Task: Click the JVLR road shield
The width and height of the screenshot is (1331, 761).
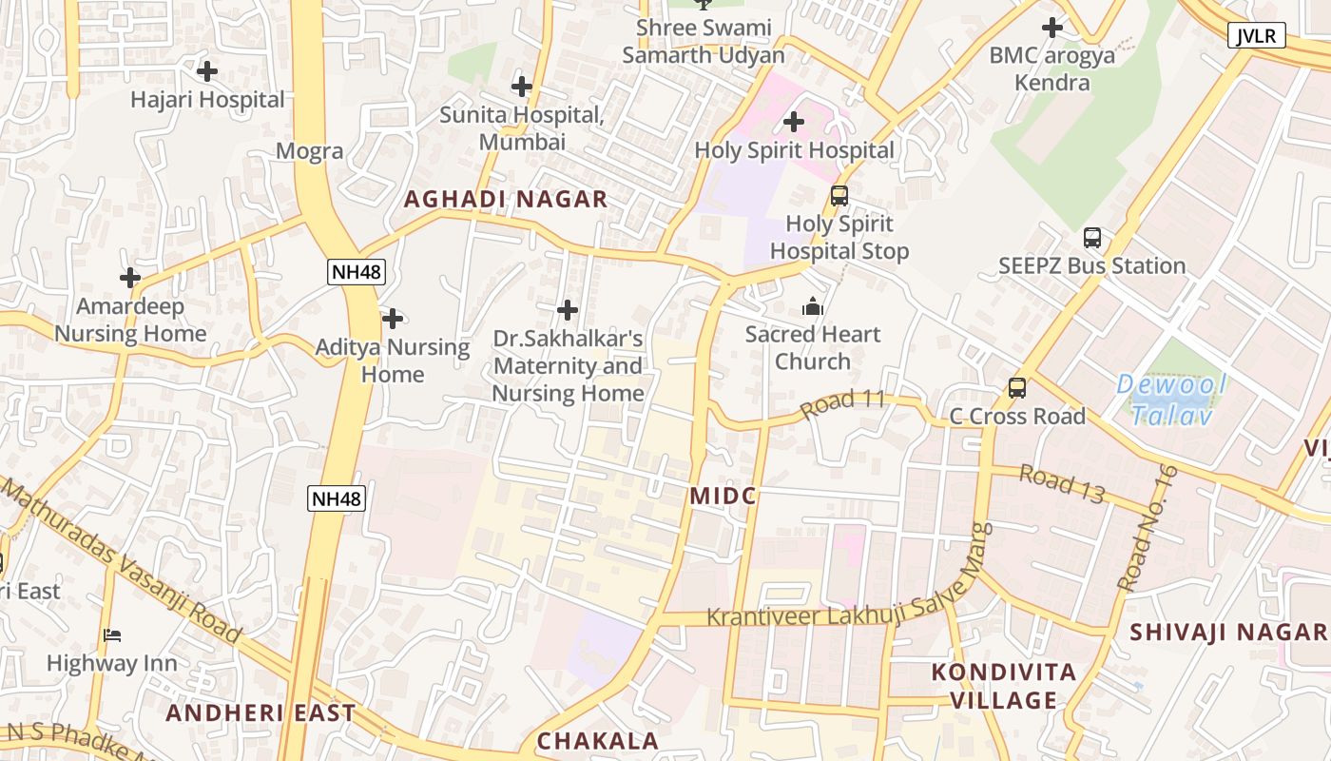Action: click(x=1257, y=36)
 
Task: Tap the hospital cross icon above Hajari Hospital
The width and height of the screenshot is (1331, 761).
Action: click(x=206, y=70)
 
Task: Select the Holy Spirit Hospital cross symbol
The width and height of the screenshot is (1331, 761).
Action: click(x=793, y=122)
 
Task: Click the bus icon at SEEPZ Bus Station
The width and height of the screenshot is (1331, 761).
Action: click(x=1091, y=238)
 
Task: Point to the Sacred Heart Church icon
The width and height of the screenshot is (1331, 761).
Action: click(x=812, y=306)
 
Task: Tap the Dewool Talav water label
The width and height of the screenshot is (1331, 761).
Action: click(x=1171, y=400)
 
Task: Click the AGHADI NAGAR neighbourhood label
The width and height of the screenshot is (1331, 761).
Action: click(x=505, y=199)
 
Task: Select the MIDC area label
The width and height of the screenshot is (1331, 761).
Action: click(x=723, y=496)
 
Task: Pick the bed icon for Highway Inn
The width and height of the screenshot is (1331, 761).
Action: click(x=112, y=635)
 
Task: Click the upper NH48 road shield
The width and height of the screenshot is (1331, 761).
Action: click(x=357, y=272)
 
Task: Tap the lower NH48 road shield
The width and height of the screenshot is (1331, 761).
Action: click(x=337, y=498)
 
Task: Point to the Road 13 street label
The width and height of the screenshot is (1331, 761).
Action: click(x=1061, y=482)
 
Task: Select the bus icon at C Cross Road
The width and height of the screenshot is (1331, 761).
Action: click(x=1016, y=388)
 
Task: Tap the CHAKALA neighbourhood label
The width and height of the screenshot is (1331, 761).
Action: click(x=597, y=741)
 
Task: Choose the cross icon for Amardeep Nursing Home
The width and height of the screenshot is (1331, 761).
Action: click(x=129, y=278)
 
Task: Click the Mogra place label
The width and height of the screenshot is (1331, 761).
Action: click(x=310, y=150)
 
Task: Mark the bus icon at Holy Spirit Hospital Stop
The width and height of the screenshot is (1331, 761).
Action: click(x=839, y=196)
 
